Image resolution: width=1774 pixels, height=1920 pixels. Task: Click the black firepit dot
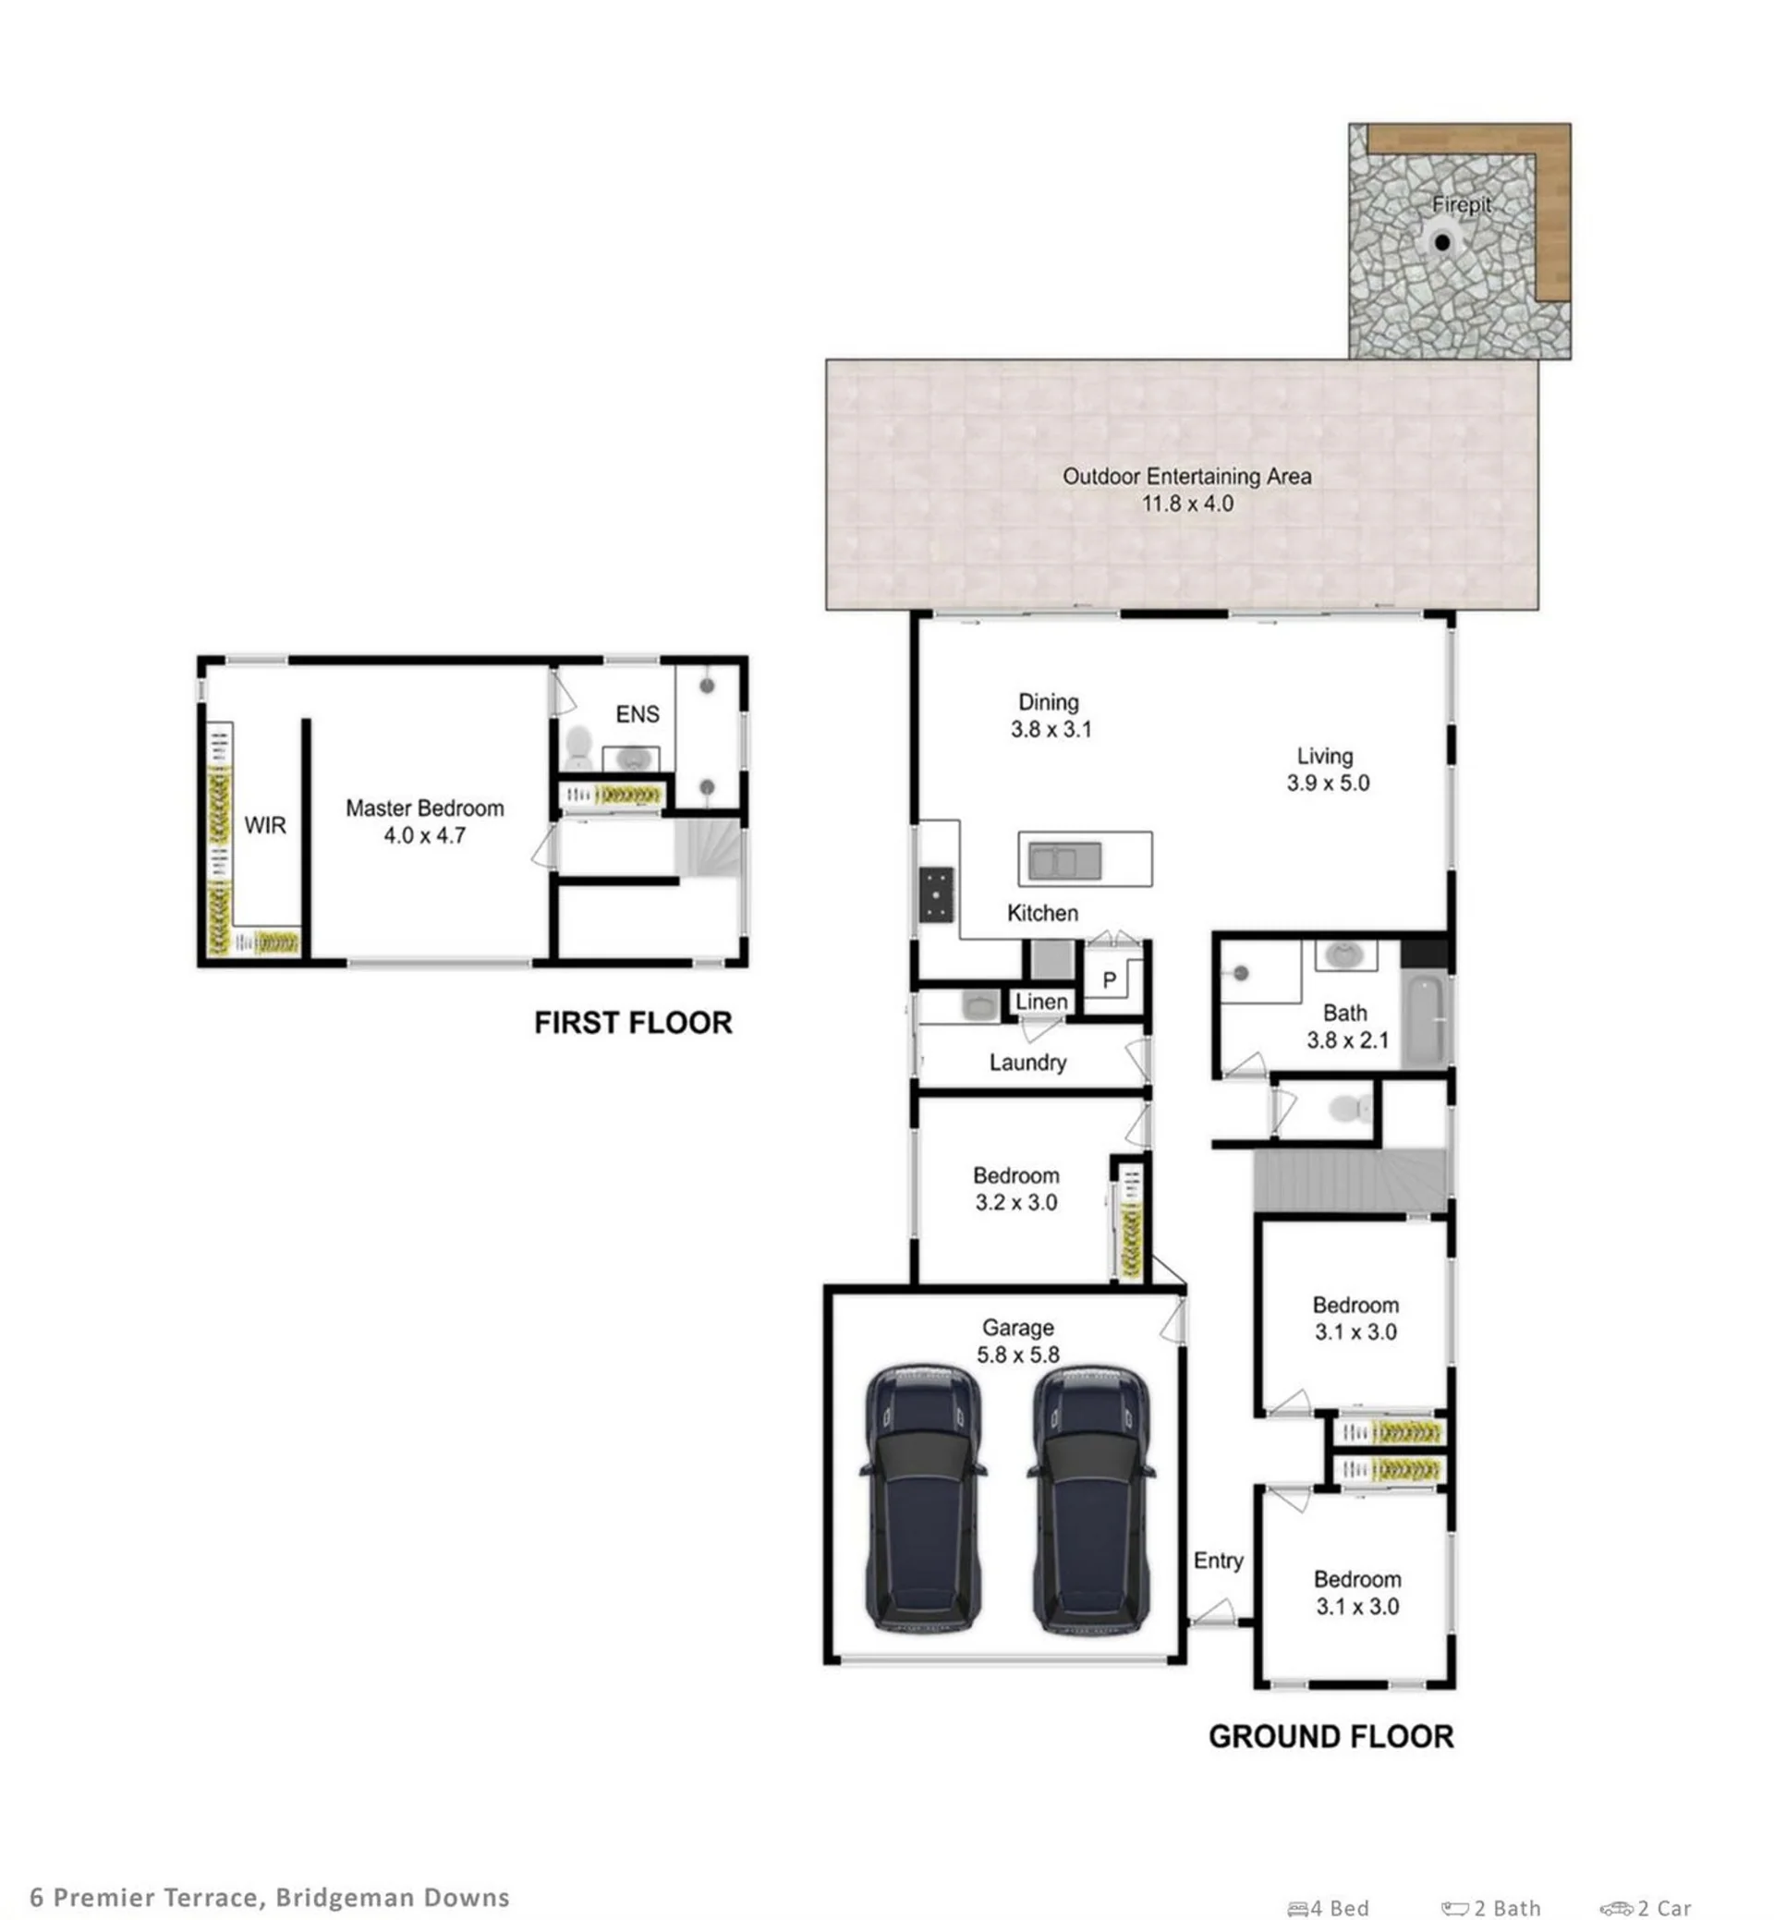tap(1442, 243)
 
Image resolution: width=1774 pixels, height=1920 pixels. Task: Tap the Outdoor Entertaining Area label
tap(1186, 476)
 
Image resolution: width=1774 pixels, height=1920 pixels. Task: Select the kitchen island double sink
tap(1065, 860)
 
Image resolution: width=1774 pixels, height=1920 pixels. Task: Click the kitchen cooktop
tap(937, 894)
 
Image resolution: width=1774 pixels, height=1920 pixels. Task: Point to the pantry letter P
tap(1110, 980)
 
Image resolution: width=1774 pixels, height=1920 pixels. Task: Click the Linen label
tap(1041, 1002)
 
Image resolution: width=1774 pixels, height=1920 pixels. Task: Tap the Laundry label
tap(1028, 1063)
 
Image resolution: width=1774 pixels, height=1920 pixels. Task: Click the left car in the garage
tap(923, 1500)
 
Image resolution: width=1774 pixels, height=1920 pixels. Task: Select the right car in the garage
tap(1091, 1500)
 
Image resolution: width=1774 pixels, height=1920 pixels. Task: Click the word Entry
tap(1218, 1561)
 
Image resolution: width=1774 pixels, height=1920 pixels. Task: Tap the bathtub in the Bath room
tap(1426, 1019)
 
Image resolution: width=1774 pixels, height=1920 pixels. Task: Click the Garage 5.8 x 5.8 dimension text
tap(1018, 1355)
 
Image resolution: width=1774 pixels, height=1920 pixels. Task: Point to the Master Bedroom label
tap(425, 808)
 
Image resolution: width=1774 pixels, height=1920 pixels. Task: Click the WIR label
tap(265, 826)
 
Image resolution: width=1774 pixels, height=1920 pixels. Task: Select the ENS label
tap(638, 714)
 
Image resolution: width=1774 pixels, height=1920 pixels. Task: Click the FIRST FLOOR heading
tap(634, 1023)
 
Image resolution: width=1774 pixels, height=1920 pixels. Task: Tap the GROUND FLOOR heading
tap(1331, 1737)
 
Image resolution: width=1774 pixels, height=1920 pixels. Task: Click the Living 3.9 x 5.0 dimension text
tap(1329, 783)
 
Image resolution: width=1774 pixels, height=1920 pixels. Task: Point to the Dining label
tap(1049, 702)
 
